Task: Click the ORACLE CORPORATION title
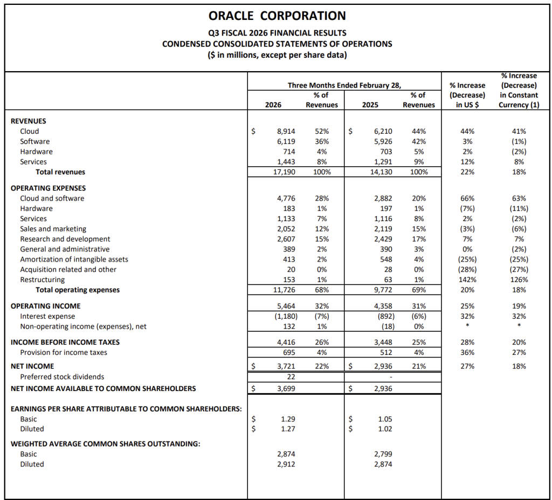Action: point(277,16)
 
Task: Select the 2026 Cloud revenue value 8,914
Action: point(286,131)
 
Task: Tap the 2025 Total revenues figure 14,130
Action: point(383,172)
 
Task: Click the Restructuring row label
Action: point(42,279)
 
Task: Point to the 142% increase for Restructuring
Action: point(468,279)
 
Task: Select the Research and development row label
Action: point(65,239)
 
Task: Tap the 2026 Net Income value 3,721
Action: point(286,366)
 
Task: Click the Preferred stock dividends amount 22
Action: point(290,376)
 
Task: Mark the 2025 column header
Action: point(370,105)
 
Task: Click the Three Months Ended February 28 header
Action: point(344,85)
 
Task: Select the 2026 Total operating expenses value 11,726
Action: point(284,290)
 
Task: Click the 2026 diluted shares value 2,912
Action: point(286,464)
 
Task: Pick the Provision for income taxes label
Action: point(63,352)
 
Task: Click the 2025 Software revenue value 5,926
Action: point(383,141)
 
